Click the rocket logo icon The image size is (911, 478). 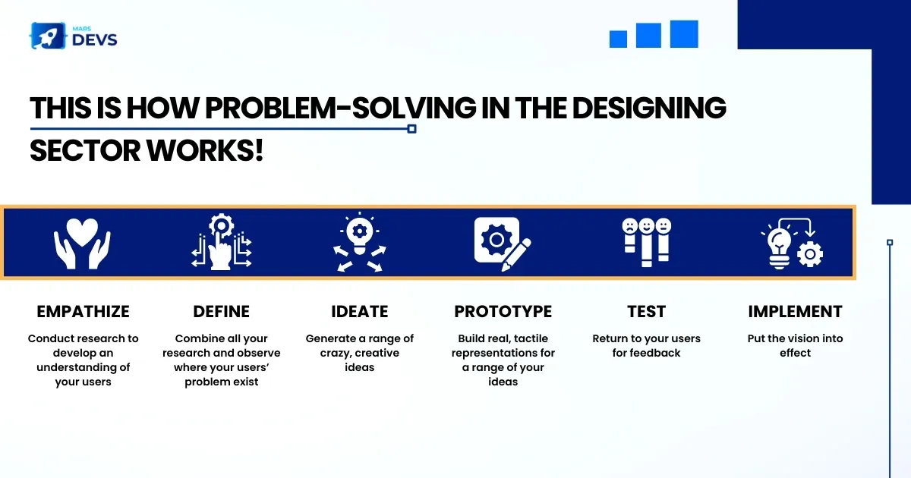tap(48, 36)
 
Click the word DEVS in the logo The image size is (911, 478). tap(95, 39)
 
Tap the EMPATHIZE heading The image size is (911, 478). tap(83, 312)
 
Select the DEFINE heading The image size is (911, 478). tap(221, 312)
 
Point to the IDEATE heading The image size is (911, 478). tap(360, 312)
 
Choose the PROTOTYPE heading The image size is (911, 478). tap(503, 312)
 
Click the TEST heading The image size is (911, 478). tap(646, 312)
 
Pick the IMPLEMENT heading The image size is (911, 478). tap(795, 312)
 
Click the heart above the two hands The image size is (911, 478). tap(82, 231)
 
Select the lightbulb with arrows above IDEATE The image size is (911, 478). tap(360, 241)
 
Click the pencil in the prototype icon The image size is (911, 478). tap(516, 254)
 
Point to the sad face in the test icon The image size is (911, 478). tap(629, 225)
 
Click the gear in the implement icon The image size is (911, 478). tap(810, 254)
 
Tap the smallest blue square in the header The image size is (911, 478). tap(618, 39)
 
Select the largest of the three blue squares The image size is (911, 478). tap(684, 34)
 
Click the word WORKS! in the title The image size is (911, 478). tap(204, 151)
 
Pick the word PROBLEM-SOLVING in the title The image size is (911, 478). tap(340, 108)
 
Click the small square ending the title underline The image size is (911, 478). tap(411, 129)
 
